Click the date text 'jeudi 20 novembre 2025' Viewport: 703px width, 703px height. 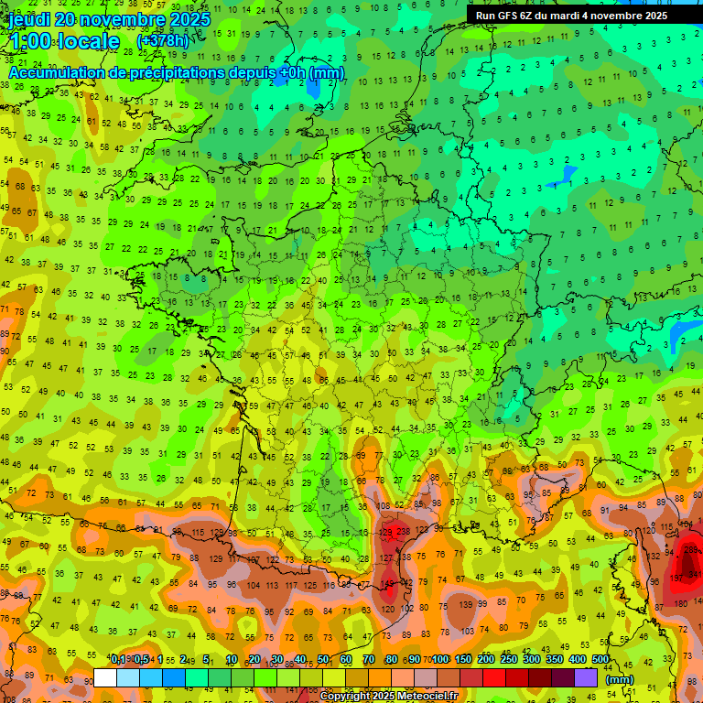pos(110,19)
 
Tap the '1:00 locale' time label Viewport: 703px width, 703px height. pos(64,41)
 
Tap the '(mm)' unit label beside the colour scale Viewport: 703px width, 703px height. pos(620,679)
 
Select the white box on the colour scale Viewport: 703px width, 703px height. pos(105,678)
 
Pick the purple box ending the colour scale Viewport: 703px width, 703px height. pos(586,678)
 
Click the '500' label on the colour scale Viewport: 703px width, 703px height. pos(600,660)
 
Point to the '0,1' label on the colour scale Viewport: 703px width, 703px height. pos(118,660)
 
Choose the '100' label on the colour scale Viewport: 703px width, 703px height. pos(440,660)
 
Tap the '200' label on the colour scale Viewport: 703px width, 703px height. pos(485,660)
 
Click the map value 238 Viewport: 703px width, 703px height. pos(404,533)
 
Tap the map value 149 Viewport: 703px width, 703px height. pos(388,583)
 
